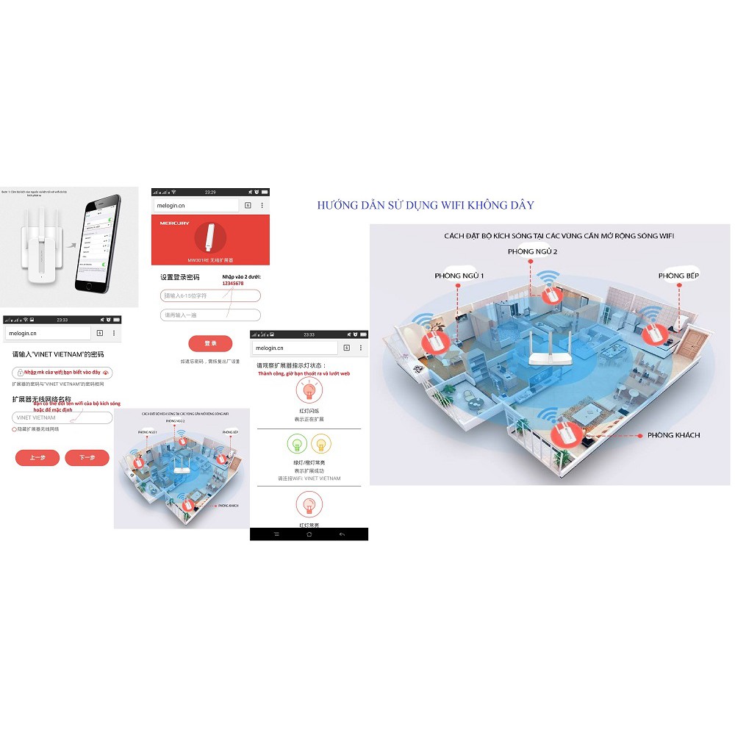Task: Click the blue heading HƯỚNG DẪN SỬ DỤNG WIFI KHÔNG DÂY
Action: tap(426, 206)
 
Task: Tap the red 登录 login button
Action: tap(210, 343)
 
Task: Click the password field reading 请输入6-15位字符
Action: tap(210, 295)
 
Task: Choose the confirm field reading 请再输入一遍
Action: tap(210, 315)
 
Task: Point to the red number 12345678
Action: tap(233, 283)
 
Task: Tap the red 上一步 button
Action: tap(37, 458)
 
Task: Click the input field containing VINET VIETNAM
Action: tap(62, 417)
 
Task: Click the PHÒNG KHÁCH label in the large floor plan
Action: tap(673, 435)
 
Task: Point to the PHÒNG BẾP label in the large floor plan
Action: tap(677, 276)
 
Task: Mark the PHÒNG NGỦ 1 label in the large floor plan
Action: tap(459, 276)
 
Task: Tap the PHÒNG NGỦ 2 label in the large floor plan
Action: tap(532, 251)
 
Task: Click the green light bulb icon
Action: tap(298, 443)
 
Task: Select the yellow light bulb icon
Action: tap(321, 443)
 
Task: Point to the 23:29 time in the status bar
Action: tap(210, 192)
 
